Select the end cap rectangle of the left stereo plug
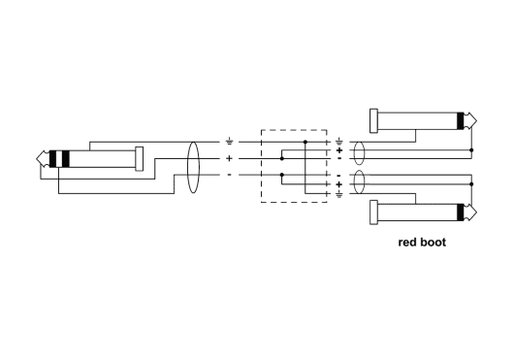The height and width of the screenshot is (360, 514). point(141,158)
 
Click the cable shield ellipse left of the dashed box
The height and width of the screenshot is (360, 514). point(191,158)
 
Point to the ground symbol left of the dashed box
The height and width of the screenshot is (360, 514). point(229,142)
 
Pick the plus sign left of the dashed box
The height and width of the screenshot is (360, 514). point(229,157)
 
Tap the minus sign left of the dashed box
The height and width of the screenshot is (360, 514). point(229,174)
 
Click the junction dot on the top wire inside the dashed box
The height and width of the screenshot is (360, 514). point(305,142)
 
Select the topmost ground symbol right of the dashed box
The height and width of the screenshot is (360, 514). point(339,142)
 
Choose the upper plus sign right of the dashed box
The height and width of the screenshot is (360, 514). point(339,150)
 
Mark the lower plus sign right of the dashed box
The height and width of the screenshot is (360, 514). point(339,183)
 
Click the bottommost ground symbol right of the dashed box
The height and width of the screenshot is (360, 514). point(339,193)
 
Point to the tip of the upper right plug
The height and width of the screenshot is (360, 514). point(475,120)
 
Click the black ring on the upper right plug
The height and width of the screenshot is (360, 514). point(460,120)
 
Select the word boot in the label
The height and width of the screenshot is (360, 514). point(434,243)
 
